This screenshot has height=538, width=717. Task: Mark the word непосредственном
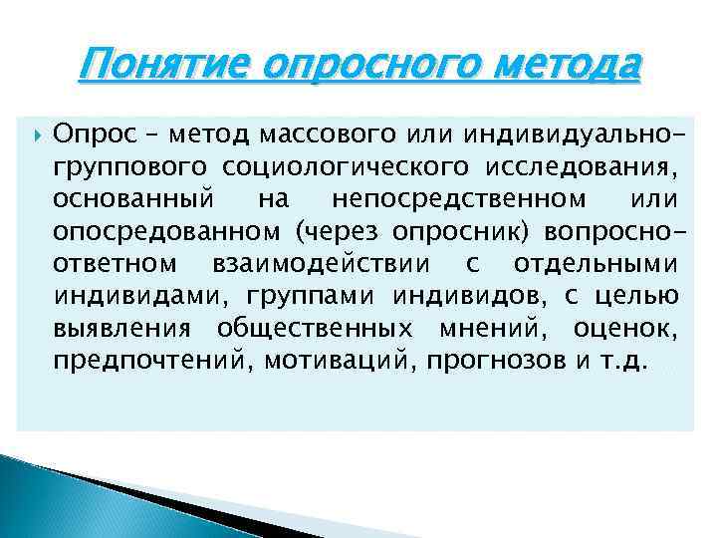[x=447, y=200]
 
